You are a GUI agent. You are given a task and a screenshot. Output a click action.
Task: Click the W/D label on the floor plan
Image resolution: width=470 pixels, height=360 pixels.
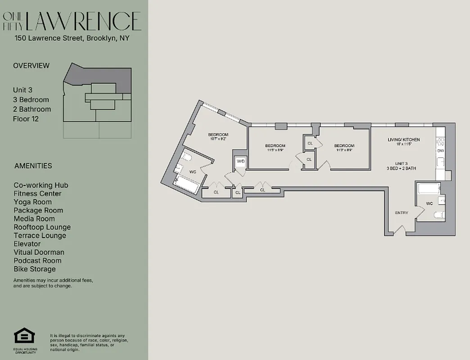(241, 161)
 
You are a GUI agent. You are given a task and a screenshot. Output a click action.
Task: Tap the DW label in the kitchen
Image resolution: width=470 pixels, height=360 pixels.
(440, 151)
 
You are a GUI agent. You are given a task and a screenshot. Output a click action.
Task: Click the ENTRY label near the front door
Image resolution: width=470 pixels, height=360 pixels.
(402, 213)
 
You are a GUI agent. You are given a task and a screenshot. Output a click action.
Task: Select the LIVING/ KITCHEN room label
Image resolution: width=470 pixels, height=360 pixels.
(404, 139)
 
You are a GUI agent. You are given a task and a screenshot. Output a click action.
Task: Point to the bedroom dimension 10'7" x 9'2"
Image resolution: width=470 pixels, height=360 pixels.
(218, 139)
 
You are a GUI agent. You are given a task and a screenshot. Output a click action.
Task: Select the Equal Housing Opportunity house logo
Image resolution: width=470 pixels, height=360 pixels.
(24, 337)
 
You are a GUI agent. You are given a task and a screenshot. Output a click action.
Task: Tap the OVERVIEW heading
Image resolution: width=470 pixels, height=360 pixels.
(32, 66)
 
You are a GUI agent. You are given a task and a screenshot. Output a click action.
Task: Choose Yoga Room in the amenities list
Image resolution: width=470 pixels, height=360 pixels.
(32, 202)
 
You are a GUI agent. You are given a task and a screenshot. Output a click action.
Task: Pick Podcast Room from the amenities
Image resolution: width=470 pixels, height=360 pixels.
(37, 261)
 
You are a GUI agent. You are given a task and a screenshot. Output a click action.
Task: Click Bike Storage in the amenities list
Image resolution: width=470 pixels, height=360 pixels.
(35, 269)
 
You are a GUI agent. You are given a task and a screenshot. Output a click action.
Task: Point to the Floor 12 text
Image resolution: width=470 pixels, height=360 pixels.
(26, 119)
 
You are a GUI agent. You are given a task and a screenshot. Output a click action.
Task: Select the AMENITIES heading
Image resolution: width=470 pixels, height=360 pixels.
(33, 166)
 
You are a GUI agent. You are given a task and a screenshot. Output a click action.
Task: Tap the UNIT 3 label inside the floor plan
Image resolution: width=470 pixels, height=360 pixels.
(402, 163)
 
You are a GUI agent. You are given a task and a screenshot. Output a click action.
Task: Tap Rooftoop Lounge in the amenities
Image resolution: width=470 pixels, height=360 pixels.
(42, 227)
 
